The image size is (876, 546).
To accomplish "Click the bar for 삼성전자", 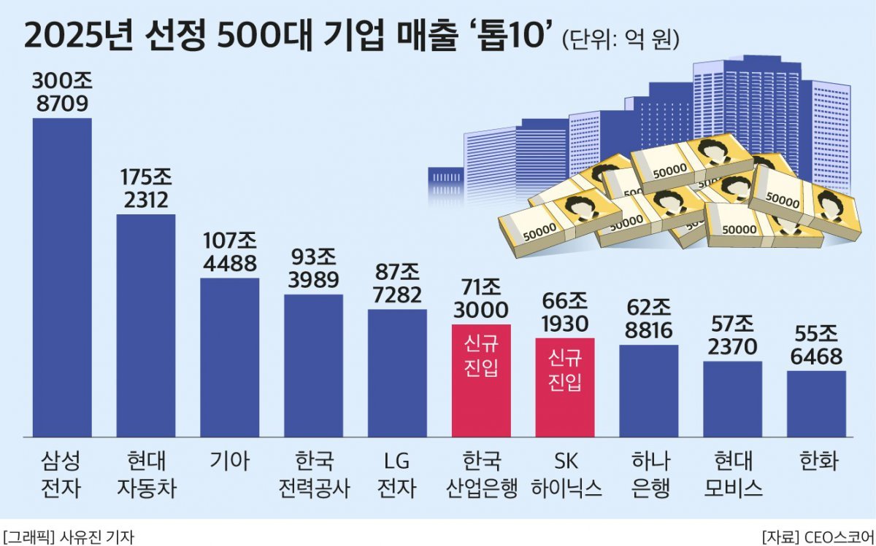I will [x=62, y=277].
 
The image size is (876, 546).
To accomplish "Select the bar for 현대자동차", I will [x=146, y=325].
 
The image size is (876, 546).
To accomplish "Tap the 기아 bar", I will [x=229, y=357].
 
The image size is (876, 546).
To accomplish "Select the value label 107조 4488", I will [x=229, y=251].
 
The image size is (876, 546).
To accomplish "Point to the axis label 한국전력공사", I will [x=313, y=475].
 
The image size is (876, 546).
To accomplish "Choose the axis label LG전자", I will [x=397, y=475].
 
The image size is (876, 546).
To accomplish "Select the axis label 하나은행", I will [x=648, y=475].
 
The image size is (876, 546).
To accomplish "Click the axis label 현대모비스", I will [x=732, y=475].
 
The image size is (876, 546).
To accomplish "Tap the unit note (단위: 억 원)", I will [x=620, y=38].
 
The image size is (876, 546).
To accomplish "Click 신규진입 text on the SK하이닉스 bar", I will [x=565, y=370].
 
